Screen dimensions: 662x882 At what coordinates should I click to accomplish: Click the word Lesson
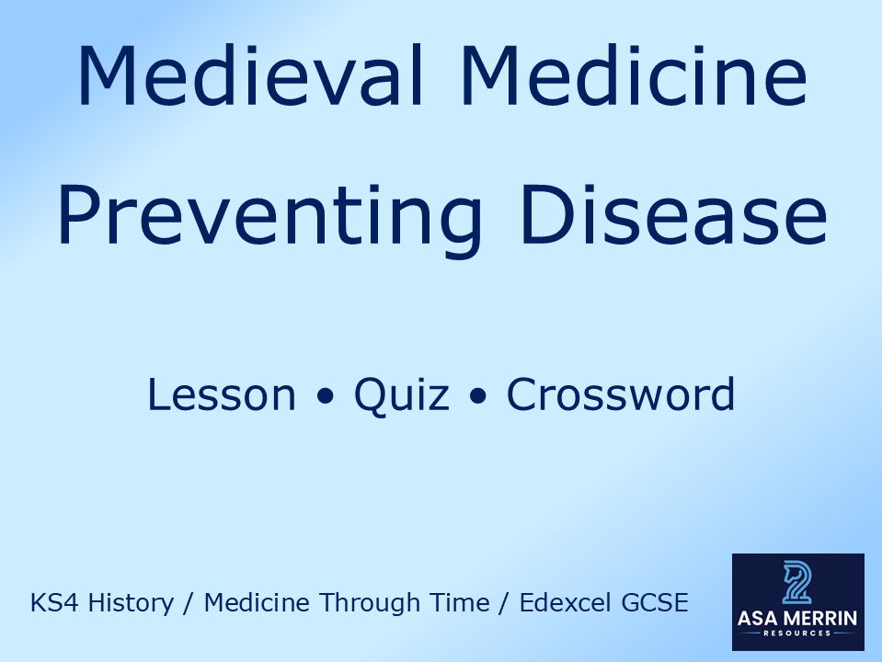(x=221, y=394)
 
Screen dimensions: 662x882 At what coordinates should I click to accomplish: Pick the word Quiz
(x=402, y=394)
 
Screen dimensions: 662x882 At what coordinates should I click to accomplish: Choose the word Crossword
(x=621, y=394)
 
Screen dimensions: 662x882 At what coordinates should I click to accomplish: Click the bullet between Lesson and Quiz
(x=325, y=397)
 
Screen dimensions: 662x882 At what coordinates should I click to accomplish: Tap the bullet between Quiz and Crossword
(x=477, y=397)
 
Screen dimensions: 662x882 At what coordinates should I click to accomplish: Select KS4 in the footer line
(x=52, y=603)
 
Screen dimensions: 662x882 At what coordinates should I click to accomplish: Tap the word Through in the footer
(x=358, y=603)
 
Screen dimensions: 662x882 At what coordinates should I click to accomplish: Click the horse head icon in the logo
(x=797, y=582)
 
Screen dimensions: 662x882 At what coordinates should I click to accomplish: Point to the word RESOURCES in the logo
(x=797, y=633)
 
